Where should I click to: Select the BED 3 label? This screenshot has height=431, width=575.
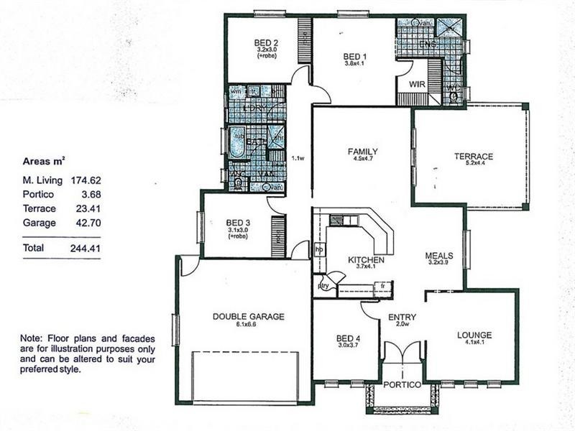click(x=238, y=222)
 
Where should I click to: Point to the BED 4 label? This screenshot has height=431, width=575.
click(x=348, y=338)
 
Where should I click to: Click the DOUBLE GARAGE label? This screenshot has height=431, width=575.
click(x=249, y=316)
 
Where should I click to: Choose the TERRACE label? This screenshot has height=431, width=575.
click(x=473, y=157)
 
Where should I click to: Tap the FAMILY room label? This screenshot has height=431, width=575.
click(x=362, y=152)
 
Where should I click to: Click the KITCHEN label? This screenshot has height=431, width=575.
click(x=366, y=259)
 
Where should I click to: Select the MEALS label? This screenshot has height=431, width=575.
click(x=438, y=255)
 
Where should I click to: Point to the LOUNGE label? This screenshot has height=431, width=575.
click(x=474, y=335)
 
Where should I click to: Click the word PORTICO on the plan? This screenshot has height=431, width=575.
click(x=402, y=385)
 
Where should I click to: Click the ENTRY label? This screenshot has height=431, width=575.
click(x=402, y=317)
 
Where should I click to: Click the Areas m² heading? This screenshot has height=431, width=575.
click(x=48, y=161)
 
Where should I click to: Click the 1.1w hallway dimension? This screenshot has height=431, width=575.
click(x=298, y=159)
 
